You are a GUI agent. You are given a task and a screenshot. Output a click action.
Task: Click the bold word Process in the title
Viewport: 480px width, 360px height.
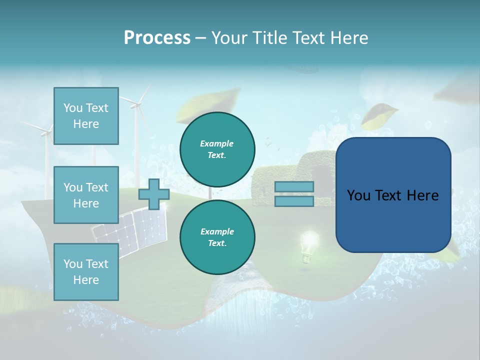(x=157, y=37)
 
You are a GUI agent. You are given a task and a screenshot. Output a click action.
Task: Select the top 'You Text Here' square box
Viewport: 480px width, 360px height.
(x=86, y=116)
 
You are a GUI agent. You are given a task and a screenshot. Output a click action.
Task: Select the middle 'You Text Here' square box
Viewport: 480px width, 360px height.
(x=86, y=195)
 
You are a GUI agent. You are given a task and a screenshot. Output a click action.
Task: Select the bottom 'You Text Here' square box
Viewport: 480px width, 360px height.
(x=86, y=271)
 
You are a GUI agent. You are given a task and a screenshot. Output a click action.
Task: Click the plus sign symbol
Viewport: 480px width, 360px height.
(x=154, y=194)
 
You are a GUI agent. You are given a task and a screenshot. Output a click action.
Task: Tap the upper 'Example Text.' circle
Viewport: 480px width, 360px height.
(x=217, y=149)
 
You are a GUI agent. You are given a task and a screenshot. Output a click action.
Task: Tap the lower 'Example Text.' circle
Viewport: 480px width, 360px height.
(x=217, y=237)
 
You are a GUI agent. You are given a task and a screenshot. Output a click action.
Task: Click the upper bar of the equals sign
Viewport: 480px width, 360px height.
(x=294, y=186)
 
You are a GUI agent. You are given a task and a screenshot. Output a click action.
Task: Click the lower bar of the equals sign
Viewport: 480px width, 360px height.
(x=294, y=201)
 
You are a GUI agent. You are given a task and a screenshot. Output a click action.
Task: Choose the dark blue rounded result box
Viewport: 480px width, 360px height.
(x=393, y=195)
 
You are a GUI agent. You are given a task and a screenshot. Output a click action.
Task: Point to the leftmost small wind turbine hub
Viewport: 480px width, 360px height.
(x=45, y=132)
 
